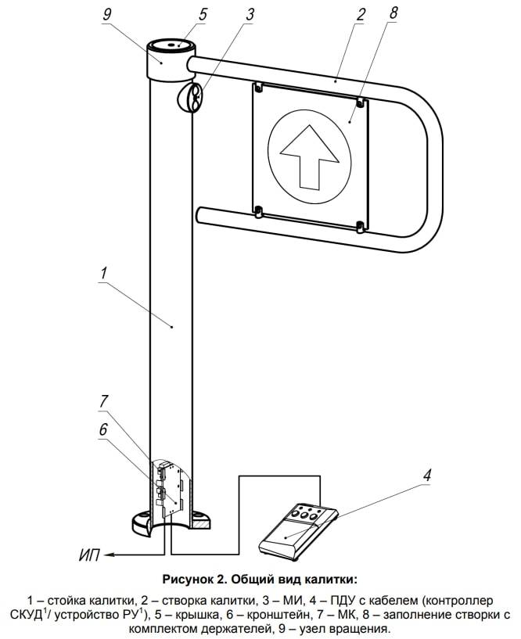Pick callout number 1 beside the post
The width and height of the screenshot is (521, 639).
tap(103, 274)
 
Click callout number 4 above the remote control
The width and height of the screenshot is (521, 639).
tap(427, 475)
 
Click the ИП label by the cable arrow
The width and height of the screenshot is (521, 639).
tap(90, 556)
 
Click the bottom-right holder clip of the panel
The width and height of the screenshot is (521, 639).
tap(359, 227)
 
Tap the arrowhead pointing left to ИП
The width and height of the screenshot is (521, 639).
tap(110, 555)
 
